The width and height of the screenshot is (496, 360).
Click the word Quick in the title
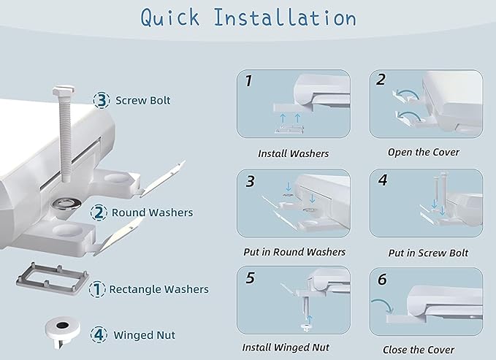pos(170,18)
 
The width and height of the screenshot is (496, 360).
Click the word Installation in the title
pos(285,18)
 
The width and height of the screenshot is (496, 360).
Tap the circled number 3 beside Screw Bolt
pos(102,100)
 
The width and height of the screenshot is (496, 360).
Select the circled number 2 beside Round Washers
pos(99,212)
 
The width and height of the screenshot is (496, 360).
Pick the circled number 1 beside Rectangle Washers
pos(97,289)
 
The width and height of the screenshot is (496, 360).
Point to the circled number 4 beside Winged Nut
pos(99,334)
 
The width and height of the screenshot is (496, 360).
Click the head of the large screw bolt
pos(64,91)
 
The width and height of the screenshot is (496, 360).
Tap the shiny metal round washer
pos(66,204)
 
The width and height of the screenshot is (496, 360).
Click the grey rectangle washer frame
pos(53,279)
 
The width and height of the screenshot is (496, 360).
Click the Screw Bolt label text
pos(142,100)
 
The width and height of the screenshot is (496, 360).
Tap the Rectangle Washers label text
pos(159,289)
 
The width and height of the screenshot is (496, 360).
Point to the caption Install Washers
pos(293,153)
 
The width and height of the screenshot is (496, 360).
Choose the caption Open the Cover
pos(423,152)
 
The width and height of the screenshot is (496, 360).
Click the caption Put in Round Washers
pos(294,252)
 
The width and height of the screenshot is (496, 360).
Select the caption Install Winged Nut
pos(286,348)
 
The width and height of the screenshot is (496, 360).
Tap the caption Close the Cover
pos(418,350)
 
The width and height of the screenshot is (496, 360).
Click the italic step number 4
pos(383,180)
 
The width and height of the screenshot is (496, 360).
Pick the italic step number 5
pos(251,278)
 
